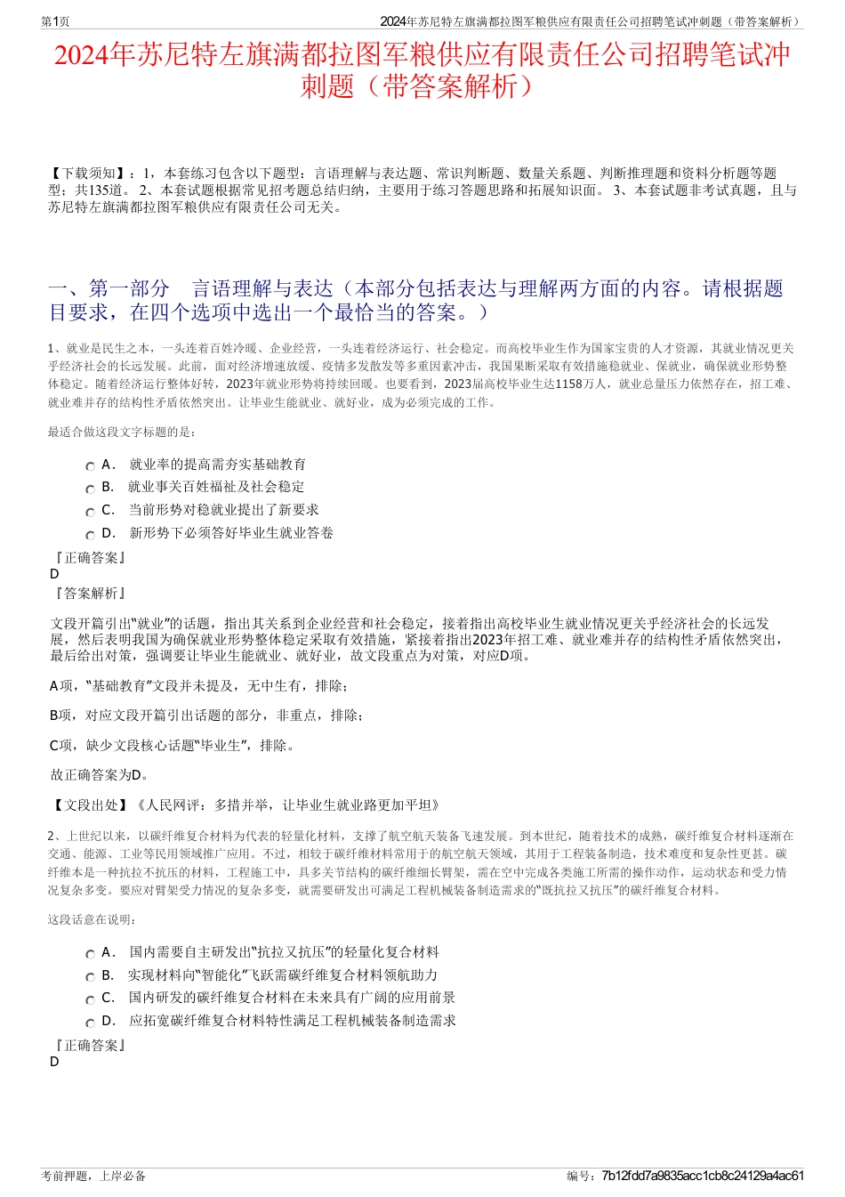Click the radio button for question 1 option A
90,466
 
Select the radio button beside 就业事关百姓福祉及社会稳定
90,489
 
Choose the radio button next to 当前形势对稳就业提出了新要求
90,512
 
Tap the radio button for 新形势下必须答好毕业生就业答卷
90,535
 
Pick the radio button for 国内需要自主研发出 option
90,954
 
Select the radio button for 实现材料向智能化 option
90,977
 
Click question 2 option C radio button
90,999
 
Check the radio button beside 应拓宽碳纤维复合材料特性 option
90,1023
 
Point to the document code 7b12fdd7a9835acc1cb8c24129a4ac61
703,1176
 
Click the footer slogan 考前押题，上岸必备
93,1176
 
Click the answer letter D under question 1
55,574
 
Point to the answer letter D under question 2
55,1062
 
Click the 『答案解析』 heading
90,594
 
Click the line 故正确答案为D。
100,775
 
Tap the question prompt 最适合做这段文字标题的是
122,433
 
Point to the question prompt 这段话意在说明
93,919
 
